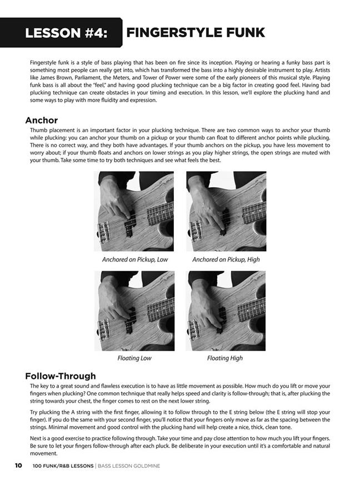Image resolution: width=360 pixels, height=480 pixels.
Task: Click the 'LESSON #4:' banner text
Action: (x=66, y=33)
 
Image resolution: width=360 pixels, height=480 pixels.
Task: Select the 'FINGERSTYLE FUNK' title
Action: (x=196, y=32)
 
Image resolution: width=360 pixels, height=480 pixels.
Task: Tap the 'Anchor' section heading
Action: (x=42, y=120)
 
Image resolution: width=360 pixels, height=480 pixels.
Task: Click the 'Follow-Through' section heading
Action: (x=61, y=376)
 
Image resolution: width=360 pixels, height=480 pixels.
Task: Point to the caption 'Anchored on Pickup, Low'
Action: (x=135, y=259)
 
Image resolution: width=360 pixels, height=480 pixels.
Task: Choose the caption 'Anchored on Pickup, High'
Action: (x=226, y=259)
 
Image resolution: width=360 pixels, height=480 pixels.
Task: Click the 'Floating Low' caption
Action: (x=134, y=358)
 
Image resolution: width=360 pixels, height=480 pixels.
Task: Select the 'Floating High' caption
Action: (x=225, y=358)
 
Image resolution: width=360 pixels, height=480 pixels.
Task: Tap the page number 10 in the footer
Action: (x=18, y=466)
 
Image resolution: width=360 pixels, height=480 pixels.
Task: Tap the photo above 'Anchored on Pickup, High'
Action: (x=226, y=211)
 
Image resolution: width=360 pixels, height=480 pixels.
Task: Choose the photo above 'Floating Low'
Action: (x=134, y=311)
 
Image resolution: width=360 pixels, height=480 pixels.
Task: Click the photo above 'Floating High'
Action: (x=226, y=311)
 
